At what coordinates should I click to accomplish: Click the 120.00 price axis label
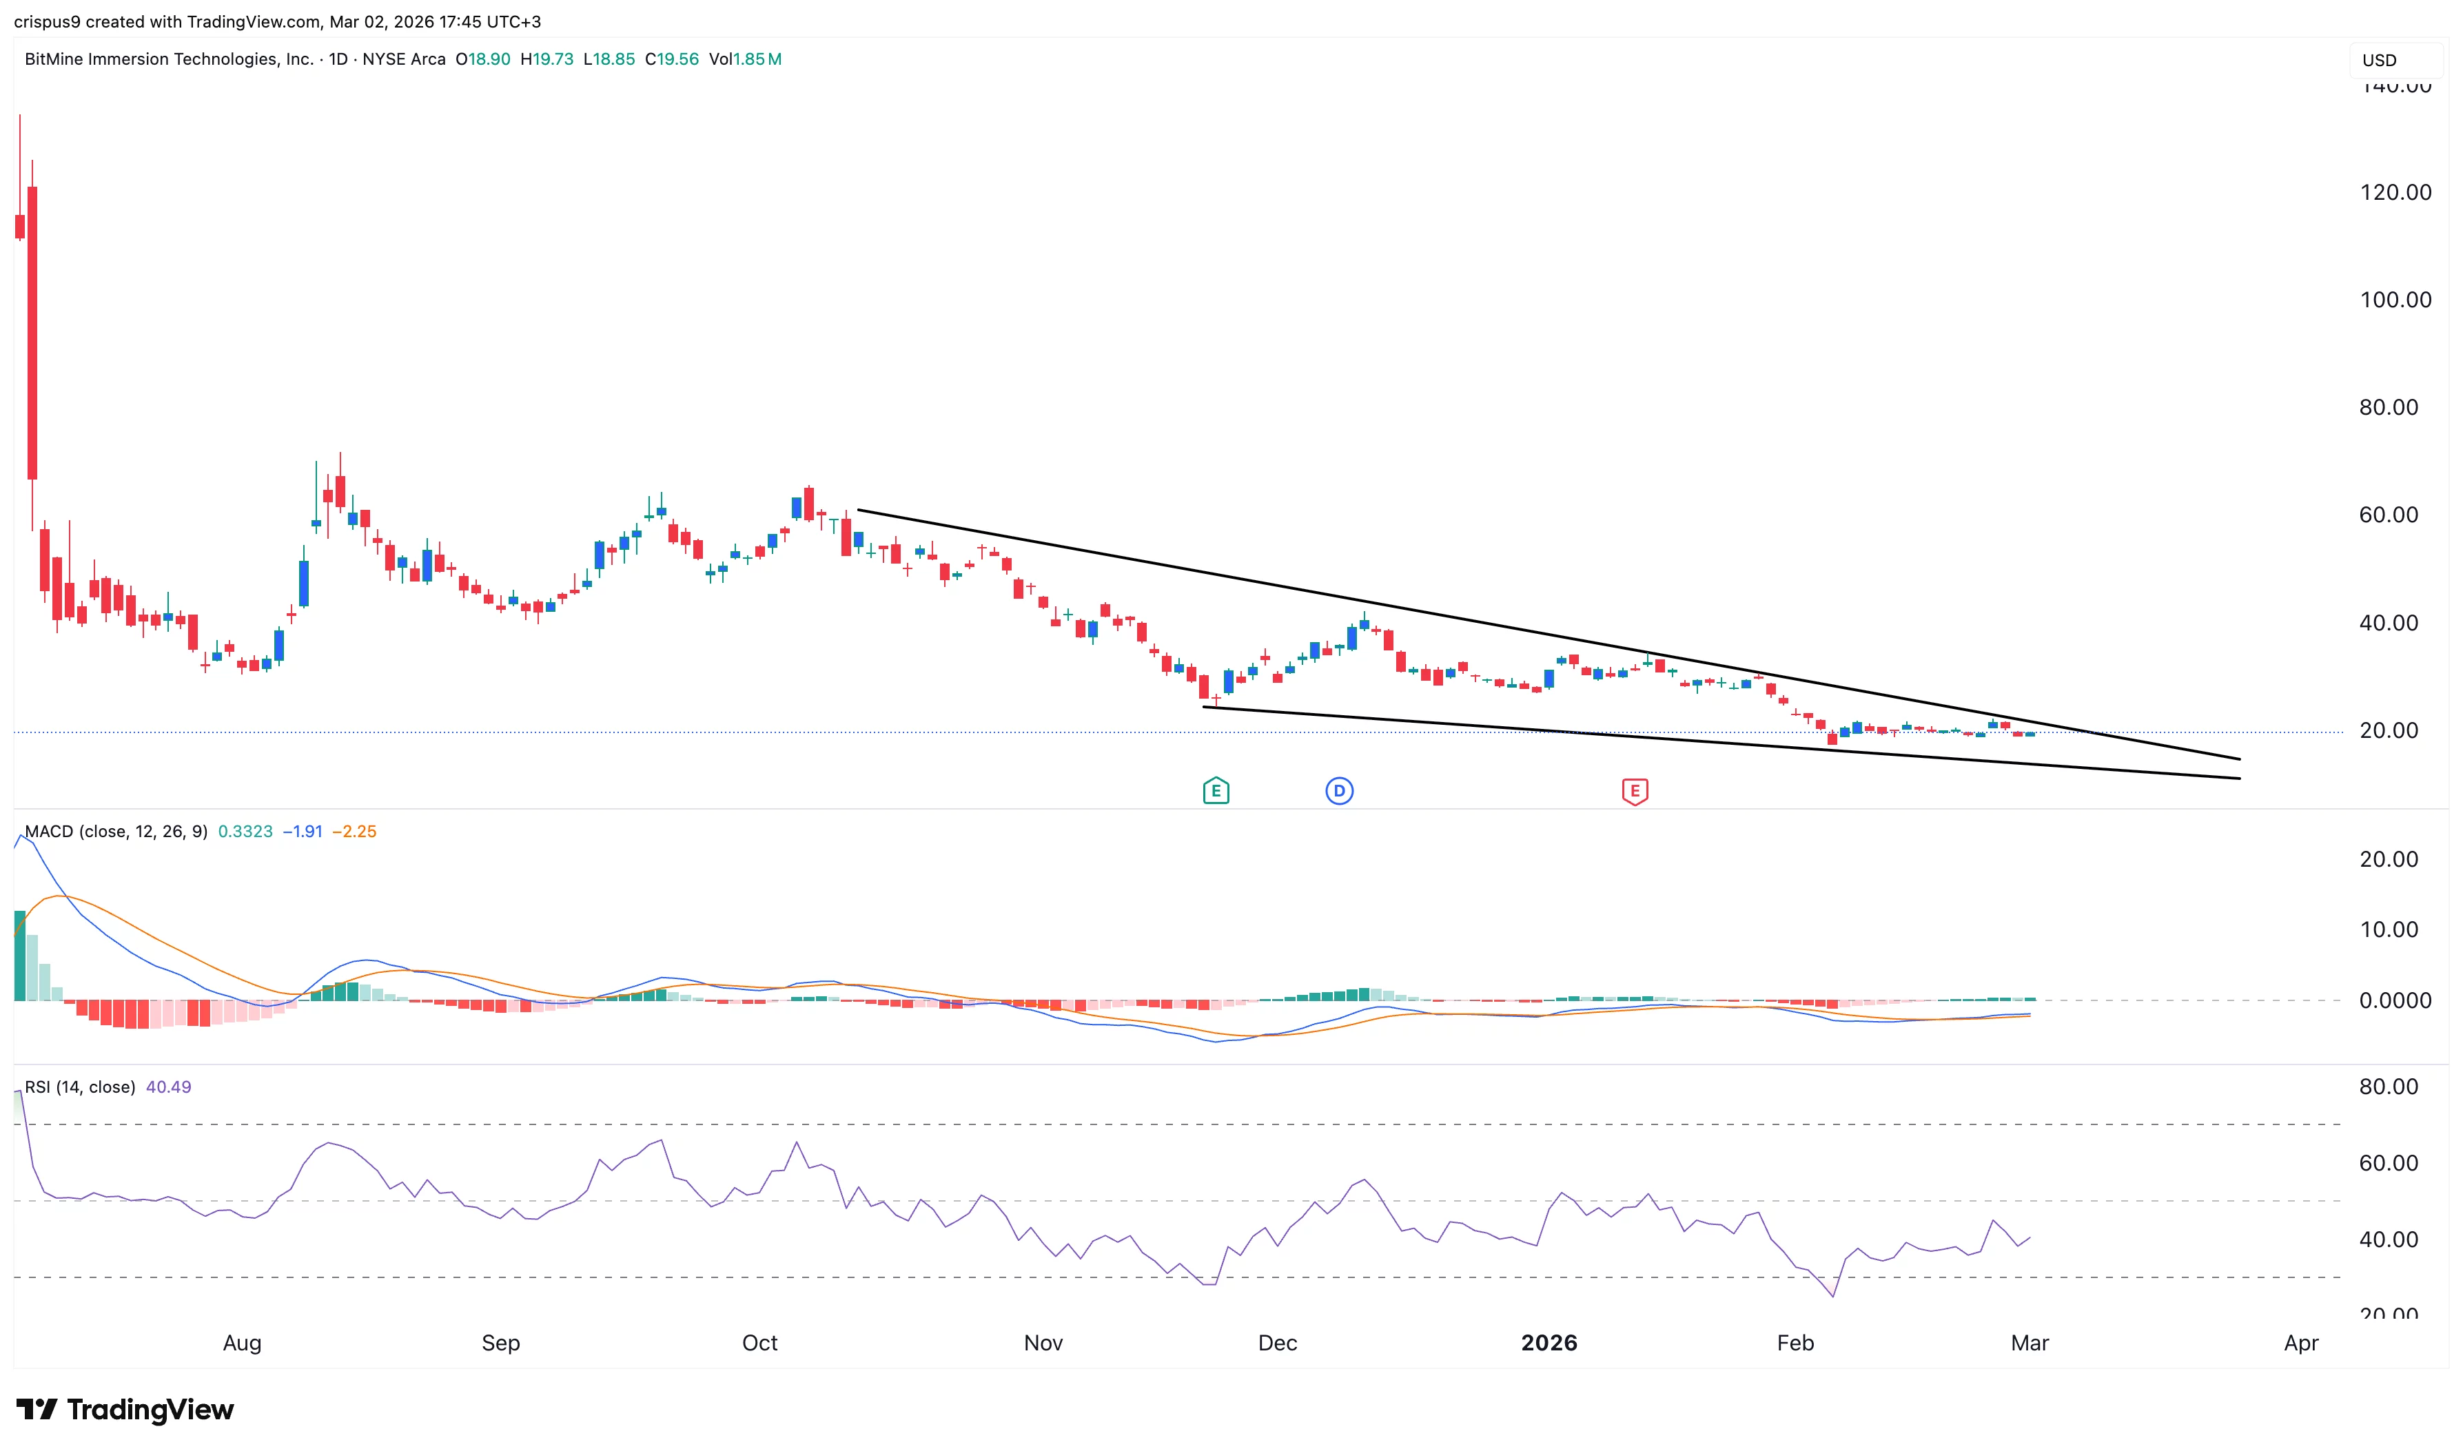tap(2395, 193)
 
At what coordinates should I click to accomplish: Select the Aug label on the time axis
tap(241, 1344)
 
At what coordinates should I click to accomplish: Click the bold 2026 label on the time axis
tap(1549, 1344)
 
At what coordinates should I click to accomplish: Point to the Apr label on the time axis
tap(2300, 1344)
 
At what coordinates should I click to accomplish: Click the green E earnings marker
tap(1216, 791)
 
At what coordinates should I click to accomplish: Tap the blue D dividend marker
tap(1338, 791)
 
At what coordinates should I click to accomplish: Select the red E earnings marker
tap(1634, 791)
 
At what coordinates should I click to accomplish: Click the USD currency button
tap(2379, 61)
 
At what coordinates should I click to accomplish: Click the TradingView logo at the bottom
tap(125, 1409)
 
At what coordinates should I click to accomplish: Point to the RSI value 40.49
tap(168, 1087)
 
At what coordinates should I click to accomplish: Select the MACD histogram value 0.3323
tap(245, 832)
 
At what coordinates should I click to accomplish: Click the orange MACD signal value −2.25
tap(354, 832)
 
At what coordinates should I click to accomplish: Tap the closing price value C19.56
tap(672, 60)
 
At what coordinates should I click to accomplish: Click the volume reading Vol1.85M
tap(745, 60)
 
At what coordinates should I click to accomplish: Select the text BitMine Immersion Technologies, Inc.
tap(169, 60)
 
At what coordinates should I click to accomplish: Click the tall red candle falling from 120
tap(32, 333)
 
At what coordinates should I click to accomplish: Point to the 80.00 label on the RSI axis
tap(2388, 1087)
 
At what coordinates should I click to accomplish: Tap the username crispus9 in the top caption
tap(47, 21)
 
